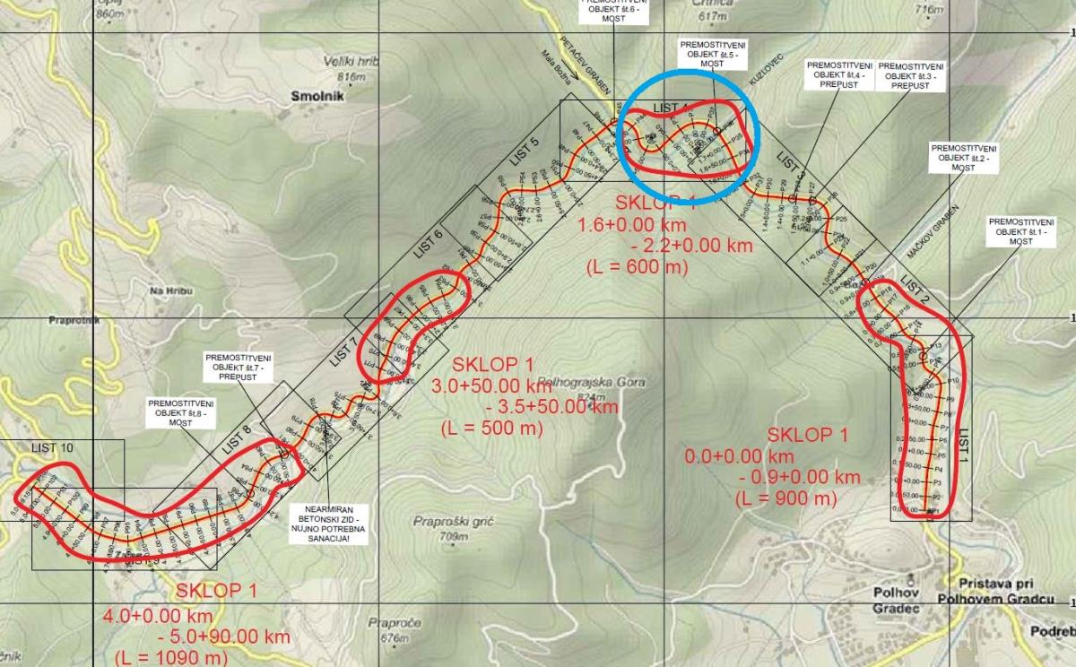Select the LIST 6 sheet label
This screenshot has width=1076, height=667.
(425, 245)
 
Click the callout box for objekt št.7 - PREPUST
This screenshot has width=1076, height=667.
(238, 368)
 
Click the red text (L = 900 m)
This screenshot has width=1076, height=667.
(785, 497)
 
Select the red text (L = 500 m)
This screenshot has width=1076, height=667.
(492, 428)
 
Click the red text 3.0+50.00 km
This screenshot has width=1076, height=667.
(491, 386)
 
